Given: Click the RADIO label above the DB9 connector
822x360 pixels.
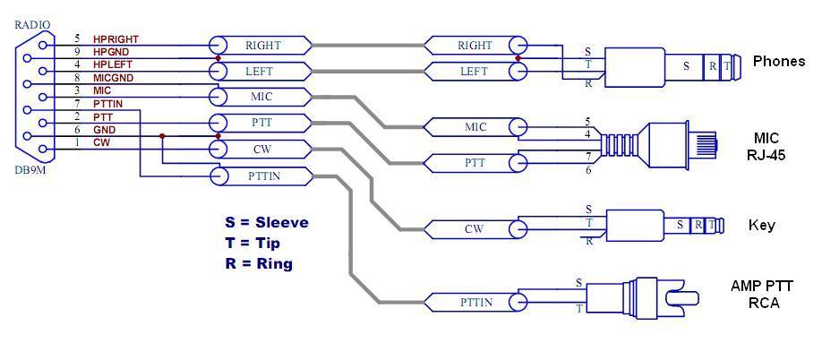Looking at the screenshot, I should pos(32,24).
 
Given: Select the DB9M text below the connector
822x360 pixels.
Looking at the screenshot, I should pos(30,170).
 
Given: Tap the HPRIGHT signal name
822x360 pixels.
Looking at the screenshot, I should pos(116,39).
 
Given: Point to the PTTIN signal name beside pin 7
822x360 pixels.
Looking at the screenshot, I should pos(108,104).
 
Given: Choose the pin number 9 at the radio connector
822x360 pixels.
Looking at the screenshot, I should pos(77,52).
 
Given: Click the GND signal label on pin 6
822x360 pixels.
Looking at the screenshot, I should pos(104,130).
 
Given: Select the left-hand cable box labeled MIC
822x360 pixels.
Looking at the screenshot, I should pos(261,95).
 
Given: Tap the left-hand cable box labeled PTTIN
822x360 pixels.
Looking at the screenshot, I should pos(261,176).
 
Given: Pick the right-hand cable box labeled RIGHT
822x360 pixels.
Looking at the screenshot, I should pos(474,45).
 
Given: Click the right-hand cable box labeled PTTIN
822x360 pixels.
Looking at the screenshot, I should pos(474,303).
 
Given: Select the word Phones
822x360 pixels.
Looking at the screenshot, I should pos(778,62).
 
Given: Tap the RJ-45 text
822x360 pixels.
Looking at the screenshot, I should pos(766,153).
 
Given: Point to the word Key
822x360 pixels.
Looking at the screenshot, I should pos(761,226).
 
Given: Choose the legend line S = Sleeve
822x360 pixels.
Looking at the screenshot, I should pos(267,222).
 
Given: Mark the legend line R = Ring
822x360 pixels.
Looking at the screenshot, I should pos(259,263).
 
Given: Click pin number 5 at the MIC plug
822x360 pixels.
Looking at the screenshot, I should pos(587,121).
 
